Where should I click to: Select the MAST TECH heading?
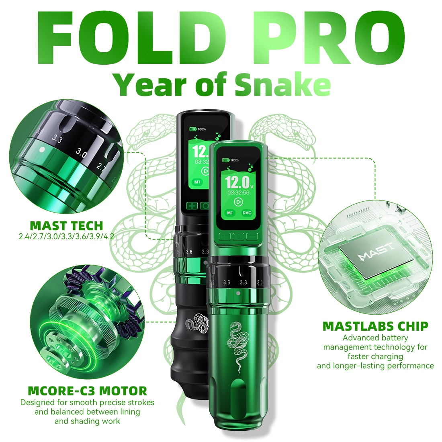[x=66, y=225]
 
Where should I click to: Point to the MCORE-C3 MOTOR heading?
[x=87, y=391]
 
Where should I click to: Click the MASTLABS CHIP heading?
[x=375, y=326]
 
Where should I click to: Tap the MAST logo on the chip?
[x=376, y=255]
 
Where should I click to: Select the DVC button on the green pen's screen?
[x=247, y=213]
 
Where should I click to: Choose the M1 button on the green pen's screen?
[x=229, y=213]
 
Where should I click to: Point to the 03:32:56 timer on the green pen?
[x=238, y=192]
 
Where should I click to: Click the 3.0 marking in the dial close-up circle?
[x=82, y=153]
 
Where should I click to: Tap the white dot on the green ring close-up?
[x=41, y=149]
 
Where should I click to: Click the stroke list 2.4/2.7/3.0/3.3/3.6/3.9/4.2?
[x=66, y=236]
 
